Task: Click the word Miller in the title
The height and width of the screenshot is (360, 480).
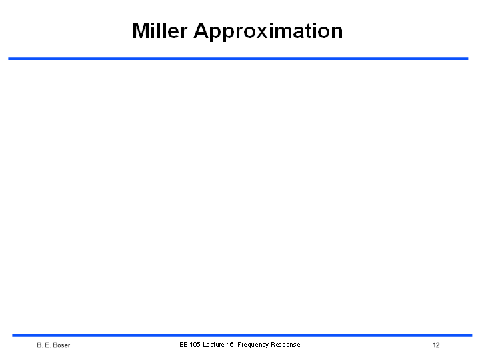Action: pos(159,31)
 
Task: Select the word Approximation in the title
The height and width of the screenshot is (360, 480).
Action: pos(268,32)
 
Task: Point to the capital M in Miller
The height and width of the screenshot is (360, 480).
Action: pos(141,31)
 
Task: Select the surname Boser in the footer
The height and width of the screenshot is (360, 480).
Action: pos(61,345)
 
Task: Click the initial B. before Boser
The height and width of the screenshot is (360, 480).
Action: pos(39,345)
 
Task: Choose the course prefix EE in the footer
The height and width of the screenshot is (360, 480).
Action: pos(183,345)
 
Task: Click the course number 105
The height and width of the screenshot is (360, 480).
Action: pos(195,345)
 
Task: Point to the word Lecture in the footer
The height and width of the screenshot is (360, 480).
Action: pos(213,345)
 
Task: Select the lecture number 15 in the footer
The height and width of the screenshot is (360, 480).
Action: pos(231,345)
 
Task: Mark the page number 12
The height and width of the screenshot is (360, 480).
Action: pos(436,345)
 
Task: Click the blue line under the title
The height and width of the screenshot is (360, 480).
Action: pos(238,59)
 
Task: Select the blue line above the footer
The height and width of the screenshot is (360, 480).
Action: pos(242,335)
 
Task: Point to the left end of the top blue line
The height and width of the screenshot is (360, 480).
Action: pos(8,59)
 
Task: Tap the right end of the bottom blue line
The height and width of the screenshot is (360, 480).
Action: pos(472,335)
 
